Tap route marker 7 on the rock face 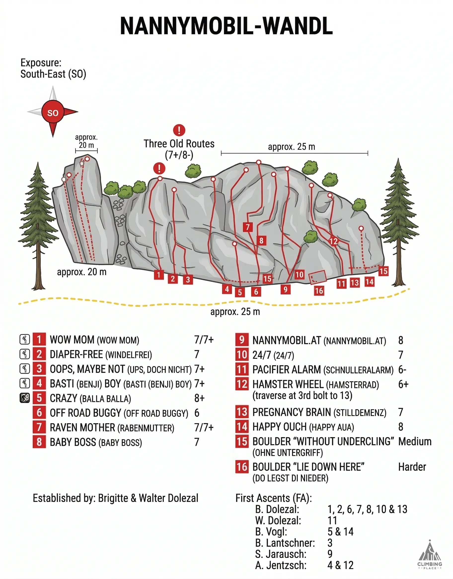[x=247, y=227]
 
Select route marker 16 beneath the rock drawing [x=319, y=291]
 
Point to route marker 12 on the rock [x=333, y=241]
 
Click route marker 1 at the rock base [x=159, y=274]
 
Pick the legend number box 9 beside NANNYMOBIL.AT [x=242, y=340]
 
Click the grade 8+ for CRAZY [x=199, y=398]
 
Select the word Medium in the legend [x=415, y=442]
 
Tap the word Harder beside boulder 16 [x=412, y=467]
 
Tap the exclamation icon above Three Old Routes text [x=179, y=130]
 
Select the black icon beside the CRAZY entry [x=25, y=398]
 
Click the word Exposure [x=41, y=63]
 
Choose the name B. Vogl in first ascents [x=271, y=532]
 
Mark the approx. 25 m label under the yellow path [x=235, y=312]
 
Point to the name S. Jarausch [x=281, y=554]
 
